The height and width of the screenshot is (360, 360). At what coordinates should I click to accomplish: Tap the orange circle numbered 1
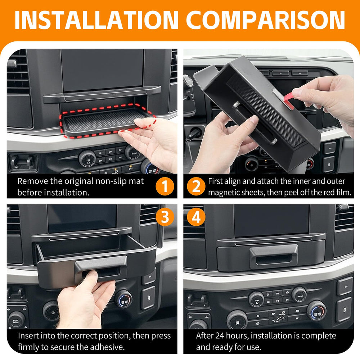point(165,186)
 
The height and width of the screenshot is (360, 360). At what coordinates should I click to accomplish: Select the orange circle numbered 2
point(196,186)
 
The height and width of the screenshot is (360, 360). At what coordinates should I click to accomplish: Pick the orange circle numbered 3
point(165,217)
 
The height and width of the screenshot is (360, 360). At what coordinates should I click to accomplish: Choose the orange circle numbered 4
point(196,217)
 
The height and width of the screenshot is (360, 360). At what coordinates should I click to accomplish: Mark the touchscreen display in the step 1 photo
point(102,70)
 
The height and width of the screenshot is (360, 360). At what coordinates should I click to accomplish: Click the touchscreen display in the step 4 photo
point(271,221)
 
